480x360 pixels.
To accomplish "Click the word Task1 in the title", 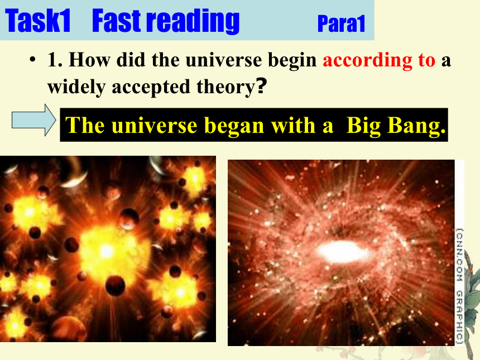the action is click(x=38, y=21).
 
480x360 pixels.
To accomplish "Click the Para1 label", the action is click(x=342, y=23).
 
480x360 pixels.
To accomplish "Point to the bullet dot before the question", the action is click(x=32, y=59).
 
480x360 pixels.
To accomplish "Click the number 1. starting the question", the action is click(x=55, y=59).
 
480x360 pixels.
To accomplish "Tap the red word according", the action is click(x=367, y=60).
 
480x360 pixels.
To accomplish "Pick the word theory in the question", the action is click(x=225, y=87).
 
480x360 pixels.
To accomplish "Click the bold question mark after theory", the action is click(x=261, y=86).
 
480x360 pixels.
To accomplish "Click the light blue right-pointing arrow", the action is click(x=33, y=120).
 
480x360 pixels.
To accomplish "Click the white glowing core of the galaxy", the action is click(x=342, y=252).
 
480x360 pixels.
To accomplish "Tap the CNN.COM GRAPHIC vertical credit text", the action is click(x=459, y=286).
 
